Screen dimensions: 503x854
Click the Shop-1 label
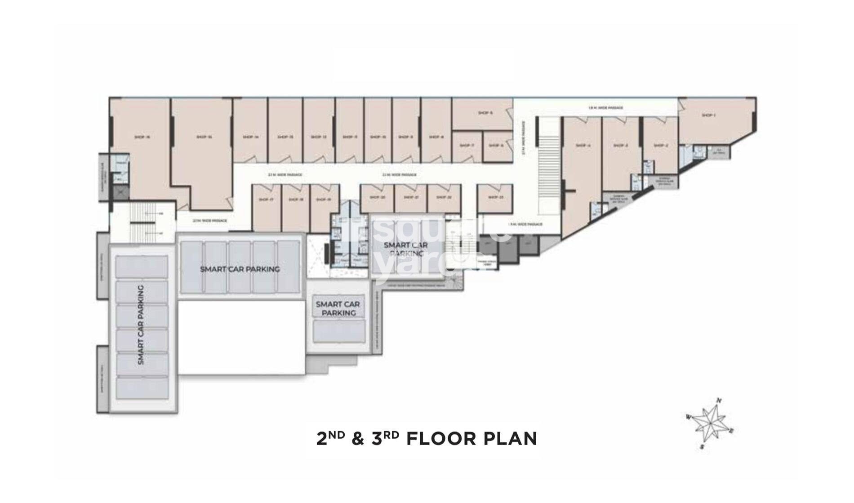(x=708, y=116)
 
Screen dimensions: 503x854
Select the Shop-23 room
(x=494, y=198)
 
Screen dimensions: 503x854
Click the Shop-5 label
(x=485, y=113)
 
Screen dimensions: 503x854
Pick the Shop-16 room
(x=142, y=148)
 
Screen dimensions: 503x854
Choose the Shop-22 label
(x=443, y=197)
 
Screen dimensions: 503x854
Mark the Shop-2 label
(x=661, y=146)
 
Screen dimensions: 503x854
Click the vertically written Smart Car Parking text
(x=141, y=325)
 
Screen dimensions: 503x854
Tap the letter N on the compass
(x=719, y=401)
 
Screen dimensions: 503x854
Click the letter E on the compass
(x=731, y=431)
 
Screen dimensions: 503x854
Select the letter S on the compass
(x=702, y=447)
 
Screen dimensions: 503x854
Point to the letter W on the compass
(x=688, y=417)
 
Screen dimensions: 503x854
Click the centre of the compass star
(x=710, y=423)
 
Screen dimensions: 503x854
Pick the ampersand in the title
(x=358, y=439)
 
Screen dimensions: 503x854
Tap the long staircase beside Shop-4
(x=548, y=166)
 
